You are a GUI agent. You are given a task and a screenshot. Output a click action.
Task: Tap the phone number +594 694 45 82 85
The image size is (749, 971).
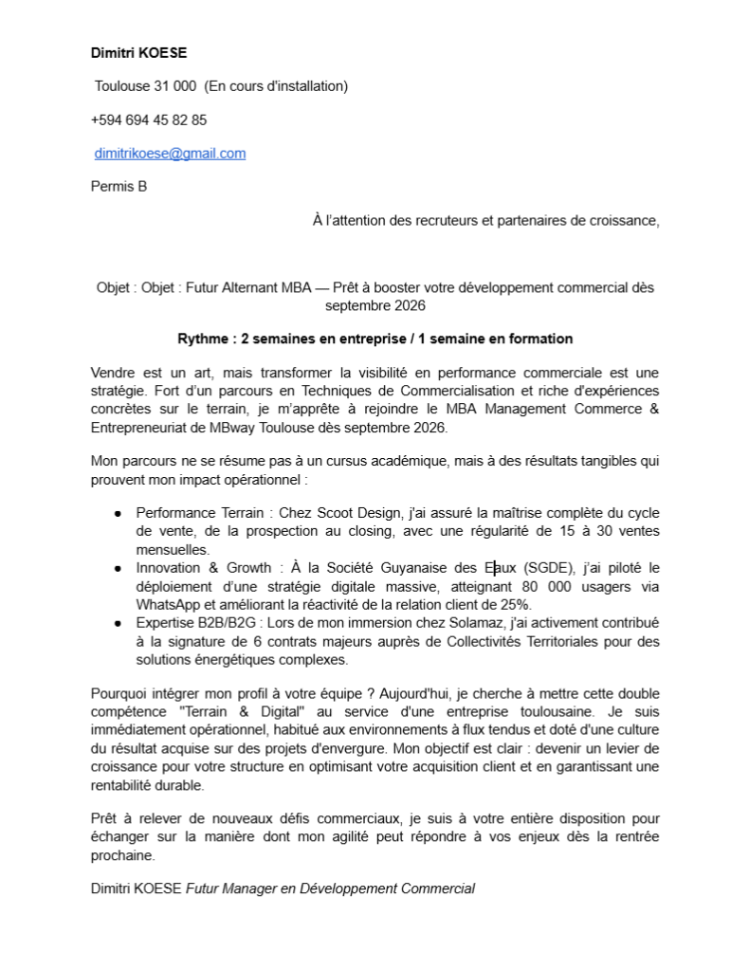149,120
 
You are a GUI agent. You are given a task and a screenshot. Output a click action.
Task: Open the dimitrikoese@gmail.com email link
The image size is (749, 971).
171,154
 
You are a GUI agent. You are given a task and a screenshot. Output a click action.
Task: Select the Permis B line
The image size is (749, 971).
119,187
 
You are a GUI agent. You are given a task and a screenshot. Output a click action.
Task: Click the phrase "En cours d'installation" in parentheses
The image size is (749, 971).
276,86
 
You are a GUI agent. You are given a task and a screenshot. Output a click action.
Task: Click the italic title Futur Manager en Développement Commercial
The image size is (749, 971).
330,889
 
